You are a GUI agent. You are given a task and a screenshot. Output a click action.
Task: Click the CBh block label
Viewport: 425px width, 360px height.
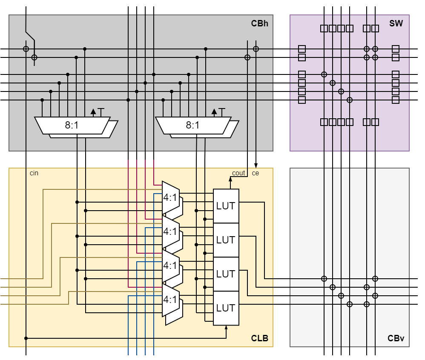click(259, 23)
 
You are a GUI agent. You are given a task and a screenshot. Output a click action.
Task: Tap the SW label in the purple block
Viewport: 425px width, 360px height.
click(396, 23)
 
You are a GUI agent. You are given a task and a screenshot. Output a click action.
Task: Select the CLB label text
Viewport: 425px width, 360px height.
click(259, 338)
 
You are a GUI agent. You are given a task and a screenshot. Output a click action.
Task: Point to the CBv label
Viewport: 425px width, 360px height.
click(396, 338)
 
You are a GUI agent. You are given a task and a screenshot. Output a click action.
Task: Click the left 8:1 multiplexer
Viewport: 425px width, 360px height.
click(72, 126)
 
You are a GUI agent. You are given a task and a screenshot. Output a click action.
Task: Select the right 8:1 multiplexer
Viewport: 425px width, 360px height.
click(193, 126)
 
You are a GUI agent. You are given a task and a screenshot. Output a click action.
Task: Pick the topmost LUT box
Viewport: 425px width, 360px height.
click(226, 206)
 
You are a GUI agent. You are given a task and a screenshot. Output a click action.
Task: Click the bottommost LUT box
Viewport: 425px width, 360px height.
click(226, 308)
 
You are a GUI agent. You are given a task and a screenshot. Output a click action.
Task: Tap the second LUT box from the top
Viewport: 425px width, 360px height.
click(226, 240)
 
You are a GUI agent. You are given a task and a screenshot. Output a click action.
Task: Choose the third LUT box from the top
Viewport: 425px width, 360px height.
click(226, 274)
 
